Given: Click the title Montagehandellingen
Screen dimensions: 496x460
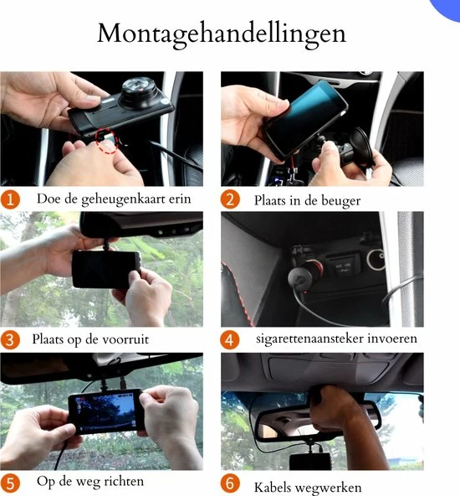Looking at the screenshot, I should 222,34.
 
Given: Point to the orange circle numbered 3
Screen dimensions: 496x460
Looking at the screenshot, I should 11,340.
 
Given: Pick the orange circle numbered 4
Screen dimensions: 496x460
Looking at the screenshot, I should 231,340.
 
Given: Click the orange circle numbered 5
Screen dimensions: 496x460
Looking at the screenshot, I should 11,483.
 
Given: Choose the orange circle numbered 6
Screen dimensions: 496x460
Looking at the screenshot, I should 231,483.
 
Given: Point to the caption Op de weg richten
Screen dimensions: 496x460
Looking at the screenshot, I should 90,482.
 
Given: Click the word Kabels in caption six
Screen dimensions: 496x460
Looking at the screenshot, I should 276,485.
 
